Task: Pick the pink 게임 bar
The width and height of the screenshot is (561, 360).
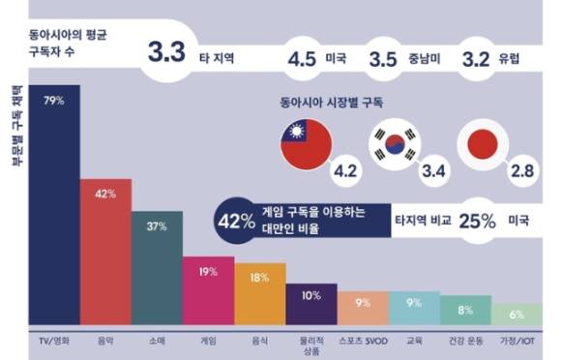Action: (x=208, y=292)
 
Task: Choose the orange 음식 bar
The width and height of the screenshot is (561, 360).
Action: (x=260, y=294)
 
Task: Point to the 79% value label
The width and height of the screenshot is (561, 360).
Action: (x=55, y=99)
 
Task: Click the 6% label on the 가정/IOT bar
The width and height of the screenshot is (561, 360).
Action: (x=517, y=315)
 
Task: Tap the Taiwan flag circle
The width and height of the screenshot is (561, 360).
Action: (x=306, y=149)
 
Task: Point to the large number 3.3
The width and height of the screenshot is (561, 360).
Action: (x=166, y=53)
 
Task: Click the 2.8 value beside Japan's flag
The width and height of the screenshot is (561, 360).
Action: (x=521, y=170)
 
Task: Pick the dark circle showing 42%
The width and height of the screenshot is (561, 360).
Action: (x=237, y=222)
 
